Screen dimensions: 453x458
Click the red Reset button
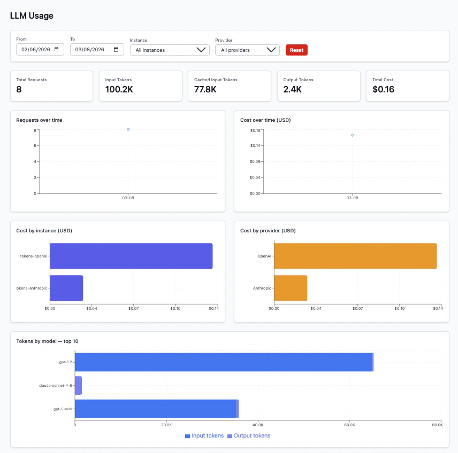[x=296, y=50]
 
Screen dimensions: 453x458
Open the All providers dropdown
[x=247, y=50]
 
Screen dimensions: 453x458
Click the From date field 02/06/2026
[x=40, y=49]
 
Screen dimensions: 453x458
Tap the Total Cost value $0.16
[x=383, y=89]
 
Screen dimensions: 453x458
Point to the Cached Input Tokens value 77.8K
[x=205, y=89]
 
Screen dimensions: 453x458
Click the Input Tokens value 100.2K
[x=119, y=89]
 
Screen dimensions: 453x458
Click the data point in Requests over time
[x=128, y=129]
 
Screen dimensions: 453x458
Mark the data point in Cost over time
[x=352, y=135]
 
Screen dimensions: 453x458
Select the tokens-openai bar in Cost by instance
[x=131, y=256]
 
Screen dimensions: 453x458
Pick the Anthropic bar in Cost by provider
[x=291, y=288]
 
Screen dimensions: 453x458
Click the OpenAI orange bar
[x=355, y=256]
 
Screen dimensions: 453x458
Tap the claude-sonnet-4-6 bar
[x=78, y=385]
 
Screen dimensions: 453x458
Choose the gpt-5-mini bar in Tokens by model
[x=155, y=409]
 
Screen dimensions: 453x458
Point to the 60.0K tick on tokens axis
[x=349, y=425]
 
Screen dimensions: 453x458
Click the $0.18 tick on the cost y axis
[x=255, y=130]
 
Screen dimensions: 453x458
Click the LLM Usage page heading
[x=32, y=15]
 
